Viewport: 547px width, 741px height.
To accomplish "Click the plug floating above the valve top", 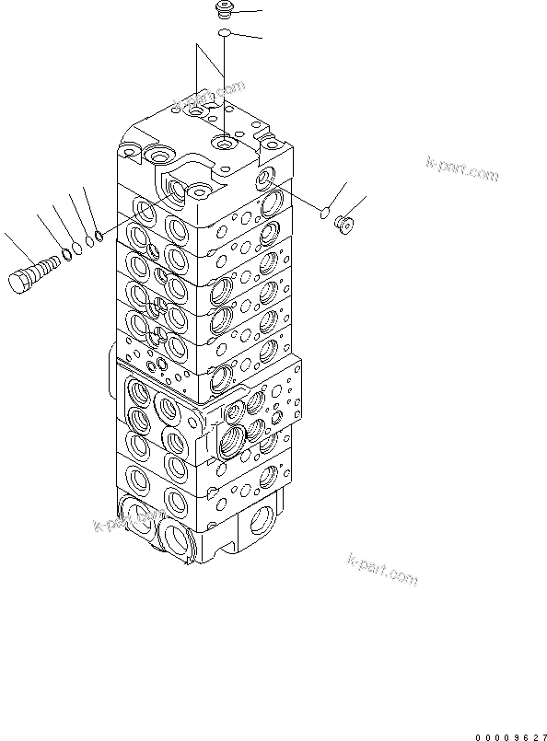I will [x=223, y=11].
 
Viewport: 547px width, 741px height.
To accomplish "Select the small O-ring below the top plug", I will [x=224, y=34].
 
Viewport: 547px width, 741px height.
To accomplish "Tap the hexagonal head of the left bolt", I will [x=23, y=280].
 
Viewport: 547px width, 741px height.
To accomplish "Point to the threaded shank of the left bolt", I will [x=46, y=269].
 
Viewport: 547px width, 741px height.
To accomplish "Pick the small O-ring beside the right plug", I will [x=324, y=214].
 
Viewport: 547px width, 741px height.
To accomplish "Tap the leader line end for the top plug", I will [x=261, y=10].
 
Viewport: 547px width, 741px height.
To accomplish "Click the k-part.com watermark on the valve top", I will [x=216, y=94].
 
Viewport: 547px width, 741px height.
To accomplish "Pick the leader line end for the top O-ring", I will [x=261, y=38].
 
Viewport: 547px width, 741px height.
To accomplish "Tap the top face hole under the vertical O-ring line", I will [x=224, y=143].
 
